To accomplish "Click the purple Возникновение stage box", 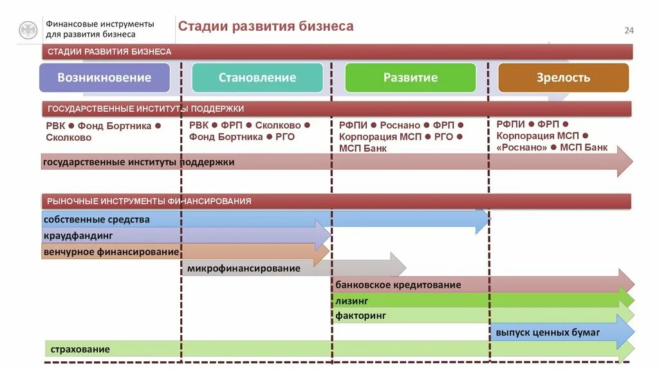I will tap(104, 78).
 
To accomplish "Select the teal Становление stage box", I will tap(257, 78).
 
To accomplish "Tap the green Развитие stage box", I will tap(411, 78).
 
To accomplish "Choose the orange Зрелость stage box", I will tap(563, 78).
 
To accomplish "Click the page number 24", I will tap(629, 31).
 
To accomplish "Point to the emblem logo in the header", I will tap(28, 30).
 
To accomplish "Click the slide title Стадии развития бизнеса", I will tap(265, 26).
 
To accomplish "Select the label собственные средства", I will tap(97, 220).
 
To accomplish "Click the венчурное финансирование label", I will tap(111, 252).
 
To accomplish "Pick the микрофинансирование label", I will tap(244, 268).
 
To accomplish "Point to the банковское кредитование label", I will tap(398, 285).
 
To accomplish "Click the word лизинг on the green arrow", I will tap(351, 300).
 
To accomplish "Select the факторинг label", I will tap(360, 316).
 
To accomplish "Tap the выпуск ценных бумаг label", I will tap(548, 332).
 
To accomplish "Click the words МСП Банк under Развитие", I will tap(363, 148).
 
